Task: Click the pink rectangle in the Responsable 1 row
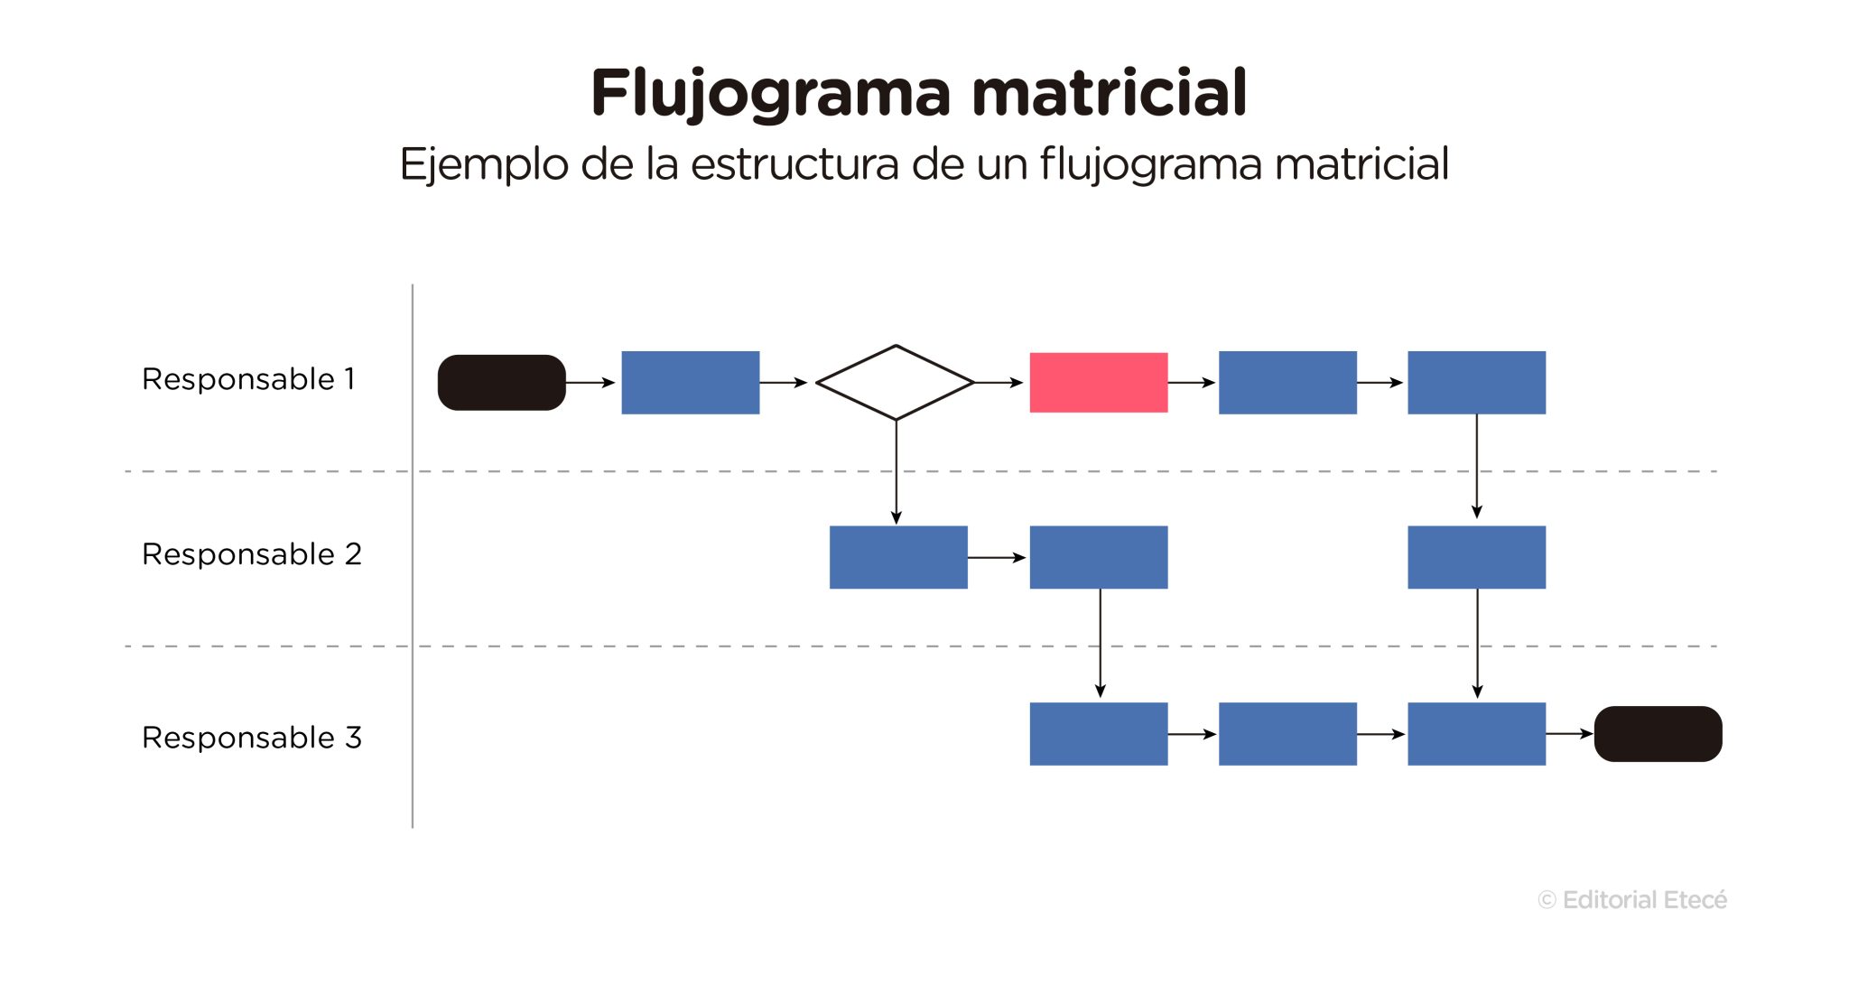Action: pos(1098,383)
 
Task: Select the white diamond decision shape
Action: pos(895,383)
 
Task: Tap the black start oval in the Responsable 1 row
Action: pos(501,383)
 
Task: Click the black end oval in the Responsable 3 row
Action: pos(1658,734)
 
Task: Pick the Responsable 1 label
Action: pos(248,379)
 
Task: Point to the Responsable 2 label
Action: pos(251,554)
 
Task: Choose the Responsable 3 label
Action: pos(251,738)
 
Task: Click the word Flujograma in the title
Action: pos(770,95)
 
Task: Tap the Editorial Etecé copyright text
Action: pos(1632,900)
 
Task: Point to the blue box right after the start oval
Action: pos(690,383)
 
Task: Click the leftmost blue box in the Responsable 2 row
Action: pos(897,558)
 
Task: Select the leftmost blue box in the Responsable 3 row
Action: pos(1098,734)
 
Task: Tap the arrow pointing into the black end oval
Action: pos(1569,734)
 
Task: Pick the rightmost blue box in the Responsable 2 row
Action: pos(1476,558)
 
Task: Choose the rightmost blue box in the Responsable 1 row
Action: pos(1476,383)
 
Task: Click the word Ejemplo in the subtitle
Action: pos(484,165)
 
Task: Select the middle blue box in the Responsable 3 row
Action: pos(1287,734)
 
